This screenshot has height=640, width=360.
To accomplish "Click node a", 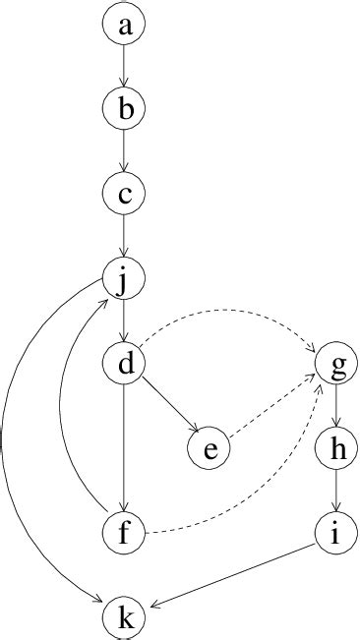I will coord(124,27).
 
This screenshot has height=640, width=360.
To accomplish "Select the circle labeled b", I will coord(124,110).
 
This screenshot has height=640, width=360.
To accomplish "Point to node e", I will coord(209,448).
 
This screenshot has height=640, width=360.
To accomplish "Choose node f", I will coord(124,533).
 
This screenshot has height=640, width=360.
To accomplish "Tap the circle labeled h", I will coord(337,448).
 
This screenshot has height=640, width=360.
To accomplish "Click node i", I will coord(337,533).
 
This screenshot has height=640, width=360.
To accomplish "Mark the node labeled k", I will coord(124,617).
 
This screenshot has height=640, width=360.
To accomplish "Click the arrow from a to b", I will coord(124,68).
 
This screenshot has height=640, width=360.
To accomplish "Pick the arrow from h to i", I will coord(337,491).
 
